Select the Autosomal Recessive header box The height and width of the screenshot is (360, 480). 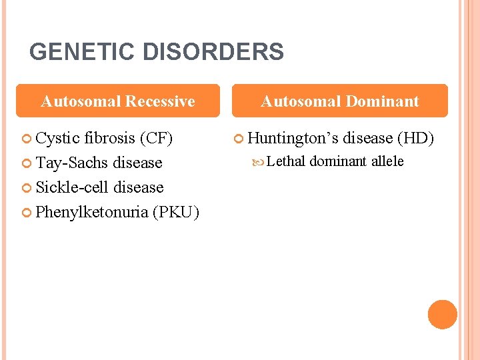click(118, 101)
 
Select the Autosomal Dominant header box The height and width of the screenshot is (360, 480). click(340, 101)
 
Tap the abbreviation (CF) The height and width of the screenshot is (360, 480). click(156, 139)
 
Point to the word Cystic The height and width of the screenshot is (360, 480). click(57, 139)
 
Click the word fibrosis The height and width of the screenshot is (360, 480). click(109, 139)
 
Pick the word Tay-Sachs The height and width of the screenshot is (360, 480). click(73, 163)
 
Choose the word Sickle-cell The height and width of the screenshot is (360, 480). click(73, 187)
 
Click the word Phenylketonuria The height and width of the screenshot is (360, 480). click(91, 212)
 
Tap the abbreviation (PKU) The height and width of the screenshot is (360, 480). click(175, 212)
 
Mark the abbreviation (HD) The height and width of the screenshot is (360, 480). click(415, 139)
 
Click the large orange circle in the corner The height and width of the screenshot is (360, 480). click(443, 315)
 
